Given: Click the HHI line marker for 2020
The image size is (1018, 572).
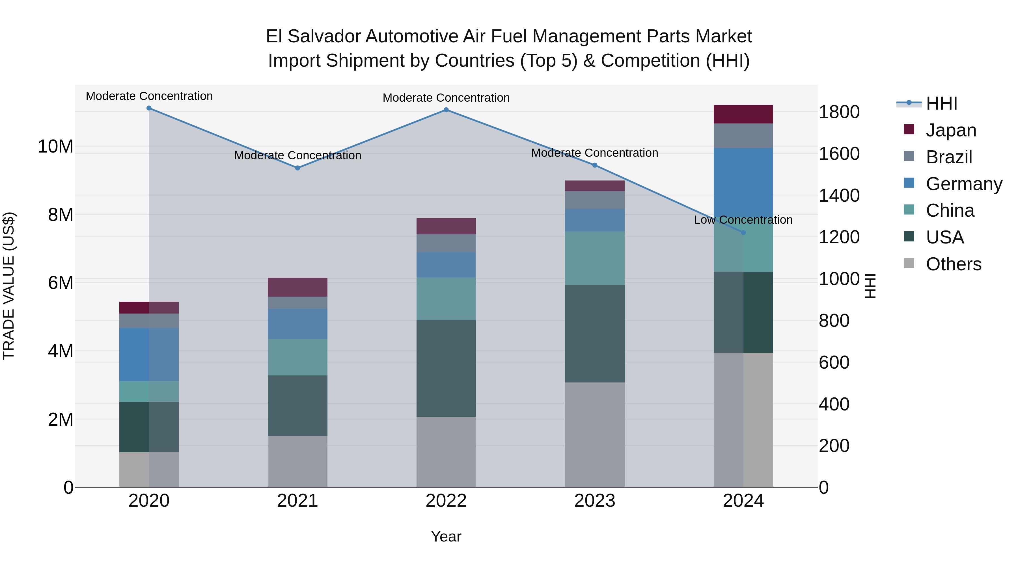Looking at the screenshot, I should pyautogui.click(x=149, y=108).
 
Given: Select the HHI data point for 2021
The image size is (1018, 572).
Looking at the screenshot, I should pyautogui.click(x=297, y=168).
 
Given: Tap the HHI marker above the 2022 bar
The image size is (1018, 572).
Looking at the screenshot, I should pyautogui.click(x=446, y=110).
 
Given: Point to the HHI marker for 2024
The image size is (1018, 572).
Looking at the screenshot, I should pyautogui.click(x=743, y=232).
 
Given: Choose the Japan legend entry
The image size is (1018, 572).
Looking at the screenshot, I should pyautogui.click(x=950, y=130).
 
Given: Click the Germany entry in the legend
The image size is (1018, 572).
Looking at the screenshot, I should pyautogui.click(x=963, y=184).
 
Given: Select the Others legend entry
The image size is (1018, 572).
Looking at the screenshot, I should pyautogui.click(x=953, y=264).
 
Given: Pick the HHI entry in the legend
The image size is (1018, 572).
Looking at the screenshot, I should pyautogui.click(x=941, y=103).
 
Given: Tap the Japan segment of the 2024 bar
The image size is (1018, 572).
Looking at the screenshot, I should pyautogui.click(x=743, y=114).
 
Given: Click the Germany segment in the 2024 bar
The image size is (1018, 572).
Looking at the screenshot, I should pyautogui.click(x=743, y=182).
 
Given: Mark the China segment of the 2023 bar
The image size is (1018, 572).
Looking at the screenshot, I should pyautogui.click(x=595, y=258).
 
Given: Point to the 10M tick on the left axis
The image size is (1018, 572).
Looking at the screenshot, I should pyautogui.click(x=55, y=146).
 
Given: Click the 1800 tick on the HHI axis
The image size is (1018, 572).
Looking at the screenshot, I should pyautogui.click(x=839, y=112).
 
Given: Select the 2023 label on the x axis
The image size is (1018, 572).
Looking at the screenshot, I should pyautogui.click(x=595, y=501).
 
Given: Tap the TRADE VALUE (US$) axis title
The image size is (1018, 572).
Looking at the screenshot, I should pyautogui.click(x=9, y=286).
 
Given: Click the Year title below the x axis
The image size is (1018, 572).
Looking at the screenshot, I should pyautogui.click(x=446, y=536).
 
